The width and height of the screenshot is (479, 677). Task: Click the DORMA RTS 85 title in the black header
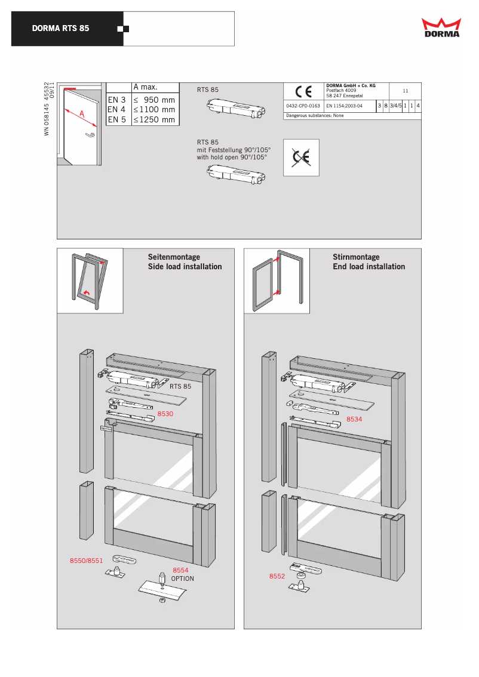point(61,29)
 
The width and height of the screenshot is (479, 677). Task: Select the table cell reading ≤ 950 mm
point(154,100)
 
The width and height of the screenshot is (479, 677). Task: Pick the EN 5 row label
point(116,119)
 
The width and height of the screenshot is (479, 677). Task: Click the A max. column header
point(145,88)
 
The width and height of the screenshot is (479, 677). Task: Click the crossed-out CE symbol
point(301,158)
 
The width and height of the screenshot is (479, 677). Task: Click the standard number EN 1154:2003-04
point(345,106)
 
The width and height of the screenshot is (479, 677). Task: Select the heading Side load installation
point(185,267)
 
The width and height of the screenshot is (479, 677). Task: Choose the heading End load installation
point(369,267)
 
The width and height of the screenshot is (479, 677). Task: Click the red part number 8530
point(165,413)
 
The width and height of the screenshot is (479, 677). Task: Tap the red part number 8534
point(355,419)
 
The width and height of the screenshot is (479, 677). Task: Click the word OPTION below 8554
point(183,578)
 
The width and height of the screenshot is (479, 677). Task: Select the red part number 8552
point(277,576)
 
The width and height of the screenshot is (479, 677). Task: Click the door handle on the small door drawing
point(90,136)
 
